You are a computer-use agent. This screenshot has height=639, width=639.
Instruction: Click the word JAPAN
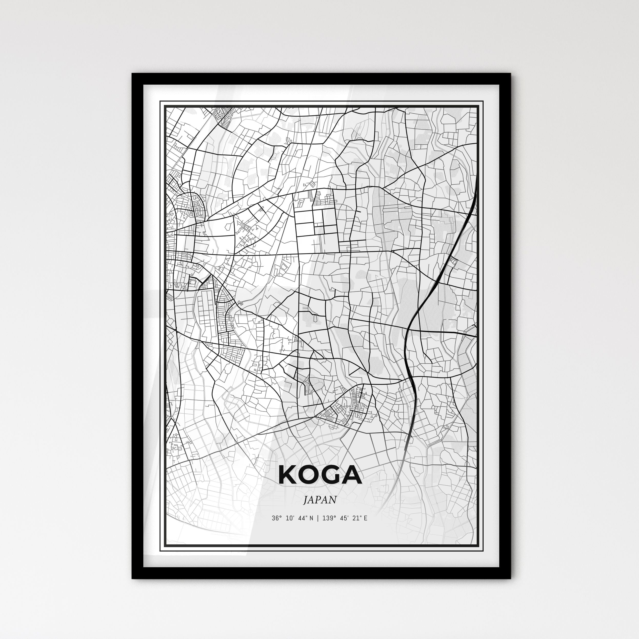click(320, 500)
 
